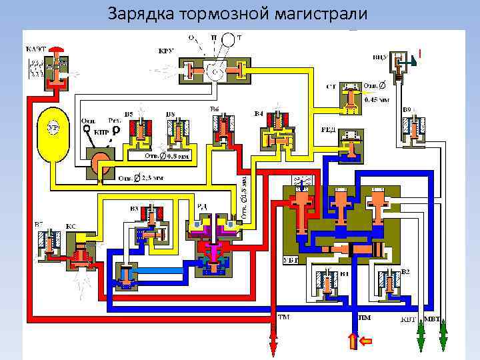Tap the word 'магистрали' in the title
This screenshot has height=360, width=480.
(323, 13)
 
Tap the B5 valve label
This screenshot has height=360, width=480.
(129, 114)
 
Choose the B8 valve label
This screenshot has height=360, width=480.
(170, 114)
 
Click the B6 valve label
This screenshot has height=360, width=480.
(214, 109)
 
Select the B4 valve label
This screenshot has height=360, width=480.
(259, 114)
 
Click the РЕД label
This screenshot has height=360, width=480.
(329, 131)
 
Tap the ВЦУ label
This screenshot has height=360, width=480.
(379, 58)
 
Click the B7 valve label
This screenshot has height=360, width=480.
(39, 222)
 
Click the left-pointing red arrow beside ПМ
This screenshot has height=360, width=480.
(366, 341)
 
